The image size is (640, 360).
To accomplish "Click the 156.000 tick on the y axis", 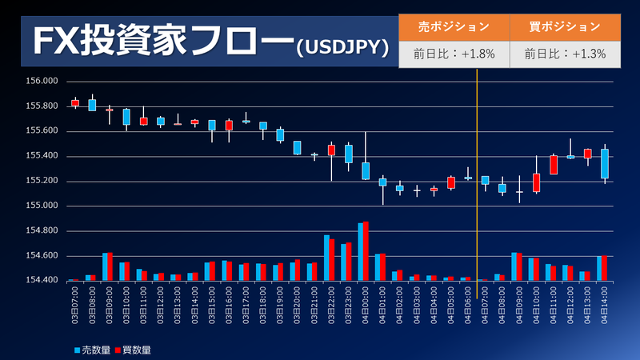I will pos(42,81).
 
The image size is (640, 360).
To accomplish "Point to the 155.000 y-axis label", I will pos(42,206).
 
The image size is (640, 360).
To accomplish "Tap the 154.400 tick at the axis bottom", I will pos(42,281).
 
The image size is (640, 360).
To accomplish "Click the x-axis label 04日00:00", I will pos(366,304).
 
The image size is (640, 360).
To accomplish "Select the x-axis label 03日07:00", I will pos(74,304).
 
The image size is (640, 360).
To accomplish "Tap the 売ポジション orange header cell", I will pos(454,26).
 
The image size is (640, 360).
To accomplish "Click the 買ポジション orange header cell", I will pos(564,26).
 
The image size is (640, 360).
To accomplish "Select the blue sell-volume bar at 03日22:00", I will pos(326,258).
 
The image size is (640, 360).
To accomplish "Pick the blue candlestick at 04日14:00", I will pos(605,163).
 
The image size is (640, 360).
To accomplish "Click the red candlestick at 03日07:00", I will pos(75,102).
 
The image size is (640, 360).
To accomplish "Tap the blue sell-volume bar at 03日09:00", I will pos(106,266).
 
